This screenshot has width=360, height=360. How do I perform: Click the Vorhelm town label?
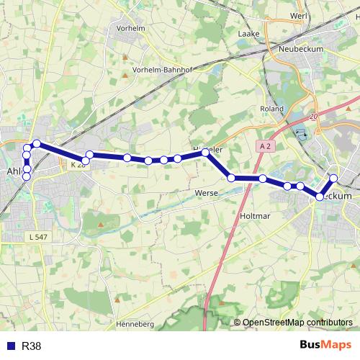click(131, 29)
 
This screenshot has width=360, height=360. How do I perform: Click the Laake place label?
click(248, 33)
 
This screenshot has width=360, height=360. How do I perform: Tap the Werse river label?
click(207, 193)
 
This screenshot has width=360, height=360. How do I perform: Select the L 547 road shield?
click(38, 236)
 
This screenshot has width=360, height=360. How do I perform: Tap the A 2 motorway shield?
click(266, 146)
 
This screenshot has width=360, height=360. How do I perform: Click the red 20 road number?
click(312, 115)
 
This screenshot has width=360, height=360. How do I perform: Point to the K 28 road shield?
click(77, 165)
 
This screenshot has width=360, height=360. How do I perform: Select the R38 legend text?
click(31, 346)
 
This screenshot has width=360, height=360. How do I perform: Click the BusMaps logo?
click(325, 346)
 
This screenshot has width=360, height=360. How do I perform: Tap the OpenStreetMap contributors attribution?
click(297, 323)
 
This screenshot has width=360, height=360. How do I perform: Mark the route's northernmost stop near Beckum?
click(333, 178)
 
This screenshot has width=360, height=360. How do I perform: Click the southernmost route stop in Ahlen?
click(27, 176)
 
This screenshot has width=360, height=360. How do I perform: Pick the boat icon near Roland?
click(300, 132)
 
